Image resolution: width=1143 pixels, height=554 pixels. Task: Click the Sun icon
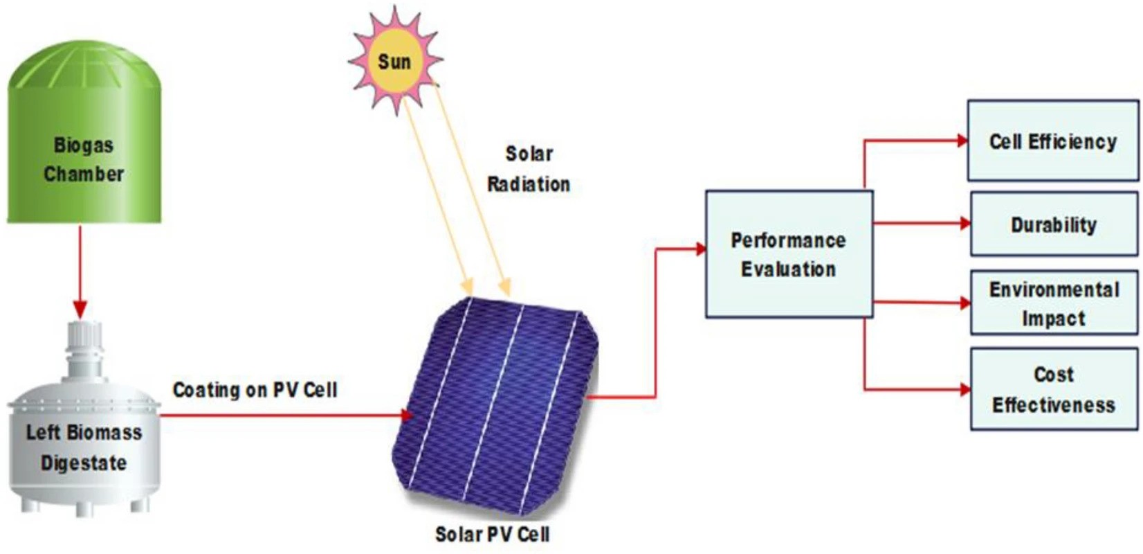pos(395,62)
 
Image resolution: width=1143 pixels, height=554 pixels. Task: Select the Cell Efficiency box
pos(1052,141)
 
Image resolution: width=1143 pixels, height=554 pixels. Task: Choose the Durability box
pos(1054,225)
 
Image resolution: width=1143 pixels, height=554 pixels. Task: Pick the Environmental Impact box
pos(1054,303)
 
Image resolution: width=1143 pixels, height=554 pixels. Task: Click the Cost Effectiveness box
pos(1054,389)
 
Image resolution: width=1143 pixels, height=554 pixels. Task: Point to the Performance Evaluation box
pos(789,254)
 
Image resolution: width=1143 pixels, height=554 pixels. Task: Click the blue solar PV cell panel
pos(495,405)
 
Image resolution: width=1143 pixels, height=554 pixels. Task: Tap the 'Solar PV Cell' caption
pos(492,534)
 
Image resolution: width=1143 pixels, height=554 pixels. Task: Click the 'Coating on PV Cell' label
pos(255,390)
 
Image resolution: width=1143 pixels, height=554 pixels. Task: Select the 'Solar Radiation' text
pos(529,169)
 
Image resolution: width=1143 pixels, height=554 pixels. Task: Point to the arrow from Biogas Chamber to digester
pos(80,270)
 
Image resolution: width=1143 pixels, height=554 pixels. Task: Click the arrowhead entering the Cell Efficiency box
pos(962,141)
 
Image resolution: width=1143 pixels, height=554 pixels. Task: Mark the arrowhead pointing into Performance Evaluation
pos(700,249)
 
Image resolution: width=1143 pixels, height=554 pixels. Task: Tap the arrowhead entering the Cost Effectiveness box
pos(964,389)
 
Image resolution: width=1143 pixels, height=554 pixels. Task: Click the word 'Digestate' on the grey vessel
pos(84,463)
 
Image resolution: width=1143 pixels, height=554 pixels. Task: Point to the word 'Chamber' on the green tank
pos(84,174)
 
